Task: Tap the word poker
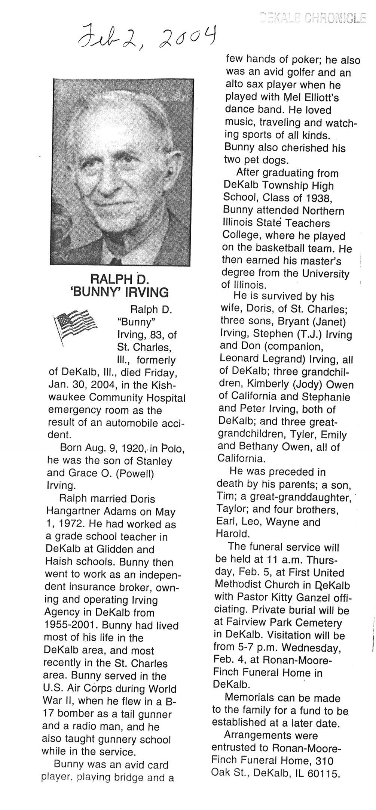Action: pyautogui.click(x=303, y=60)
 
